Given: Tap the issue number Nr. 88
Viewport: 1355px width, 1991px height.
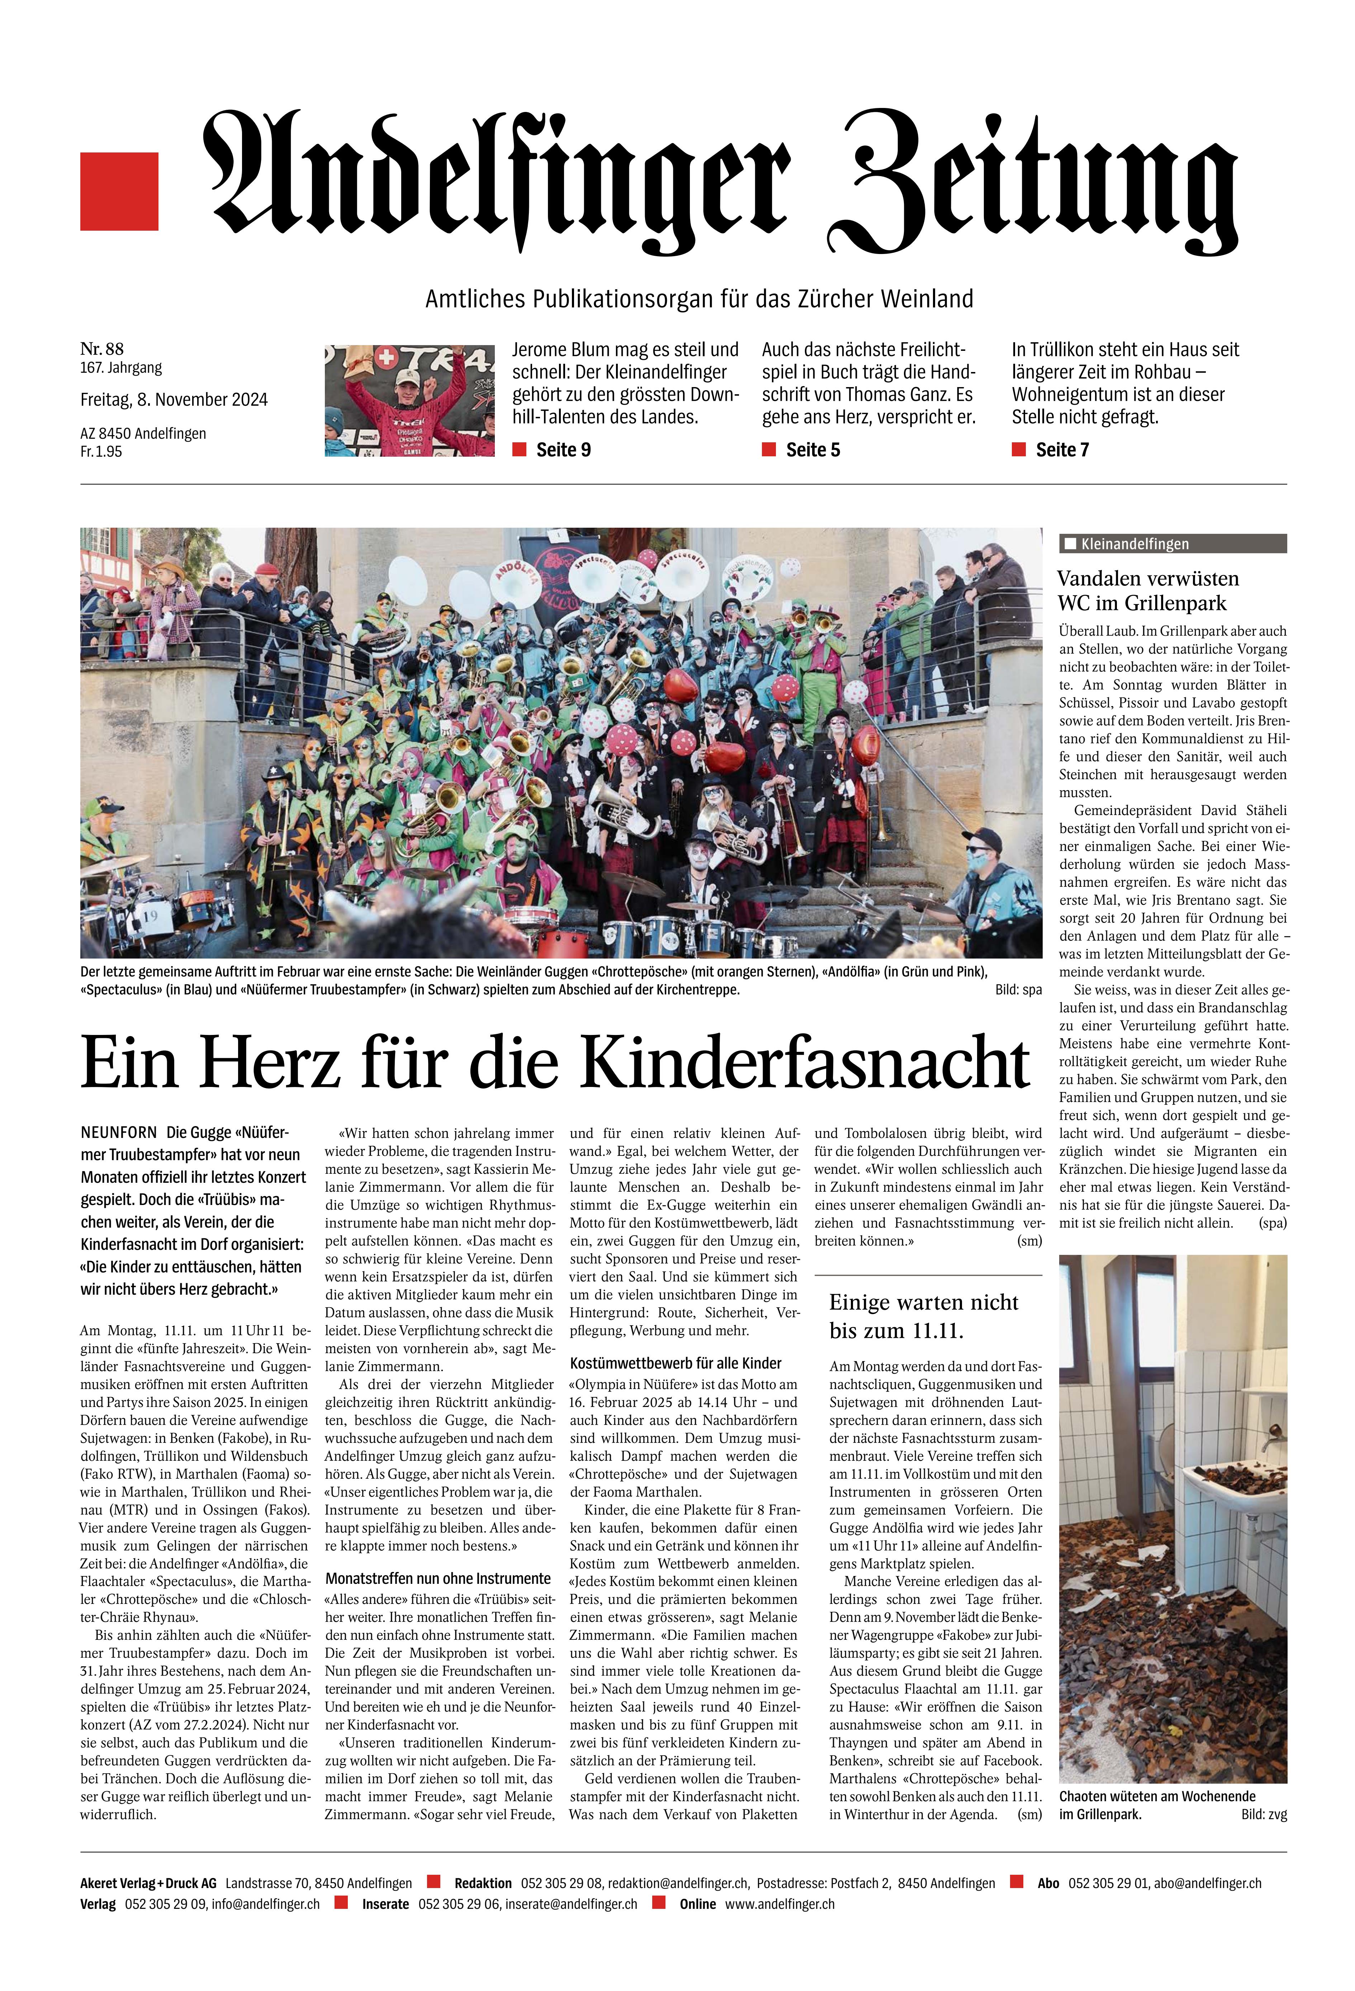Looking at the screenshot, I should point(102,349).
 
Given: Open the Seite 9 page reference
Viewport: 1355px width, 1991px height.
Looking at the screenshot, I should point(563,450).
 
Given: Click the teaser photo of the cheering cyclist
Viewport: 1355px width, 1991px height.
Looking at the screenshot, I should point(409,400).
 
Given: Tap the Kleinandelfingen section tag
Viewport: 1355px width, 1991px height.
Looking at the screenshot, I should point(1134,544).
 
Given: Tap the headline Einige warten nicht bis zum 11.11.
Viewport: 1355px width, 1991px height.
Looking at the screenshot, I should point(923,1316).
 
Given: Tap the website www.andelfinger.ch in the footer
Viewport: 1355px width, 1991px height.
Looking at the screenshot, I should point(780,1903).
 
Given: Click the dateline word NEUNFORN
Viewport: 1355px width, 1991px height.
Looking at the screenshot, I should point(119,1133).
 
